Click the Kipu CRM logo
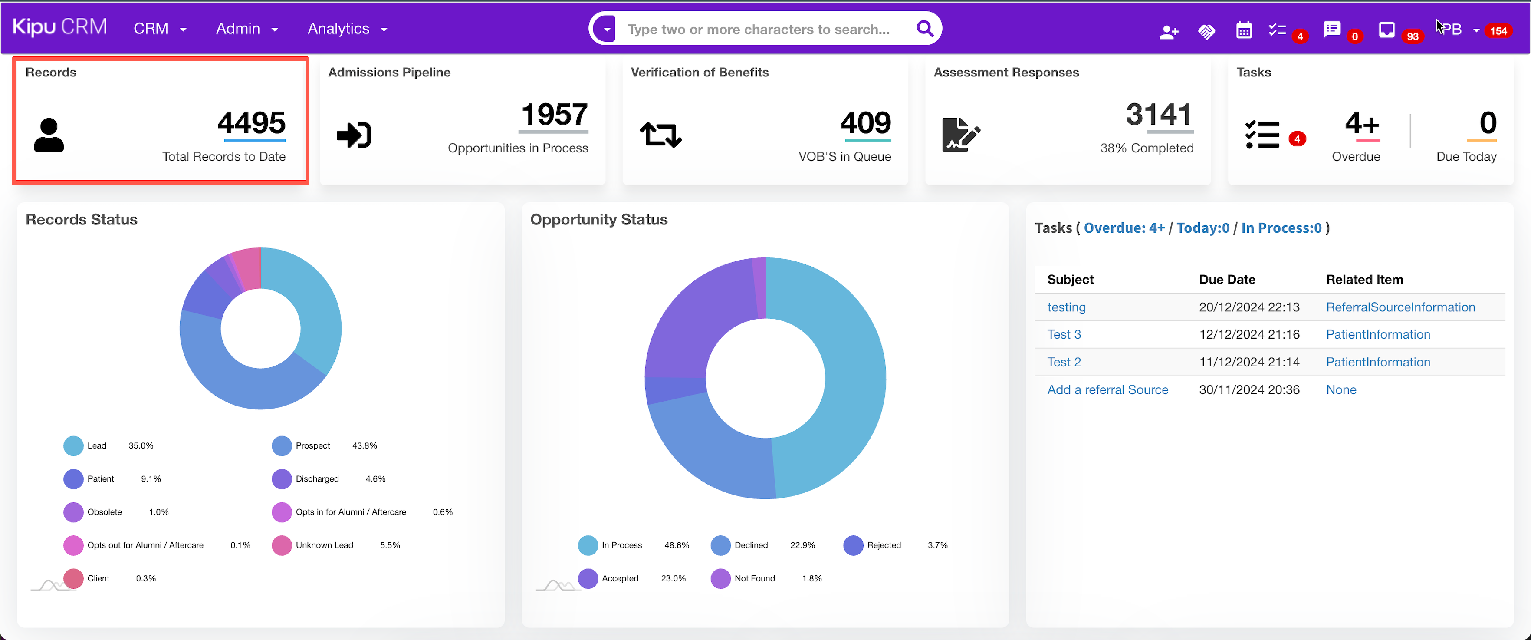click(59, 27)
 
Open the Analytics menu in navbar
click(346, 29)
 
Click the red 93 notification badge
click(1412, 36)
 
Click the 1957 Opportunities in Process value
click(554, 114)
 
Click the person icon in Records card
click(49, 135)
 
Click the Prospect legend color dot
click(282, 445)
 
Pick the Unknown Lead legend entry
click(324, 545)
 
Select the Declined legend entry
click(751, 545)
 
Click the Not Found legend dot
click(720, 578)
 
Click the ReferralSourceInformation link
click(1400, 307)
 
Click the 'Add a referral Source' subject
click(1107, 389)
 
